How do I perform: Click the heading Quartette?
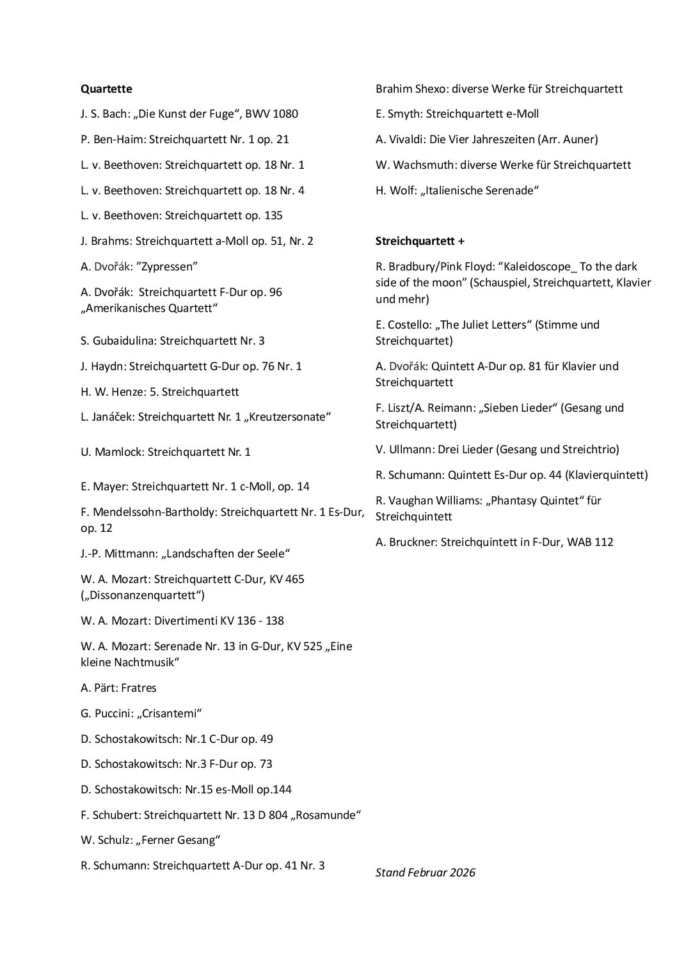click(106, 89)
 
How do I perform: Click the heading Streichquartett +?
click(420, 241)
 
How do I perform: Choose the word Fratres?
click(139, 688)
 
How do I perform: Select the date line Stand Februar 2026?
click(426, 873)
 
